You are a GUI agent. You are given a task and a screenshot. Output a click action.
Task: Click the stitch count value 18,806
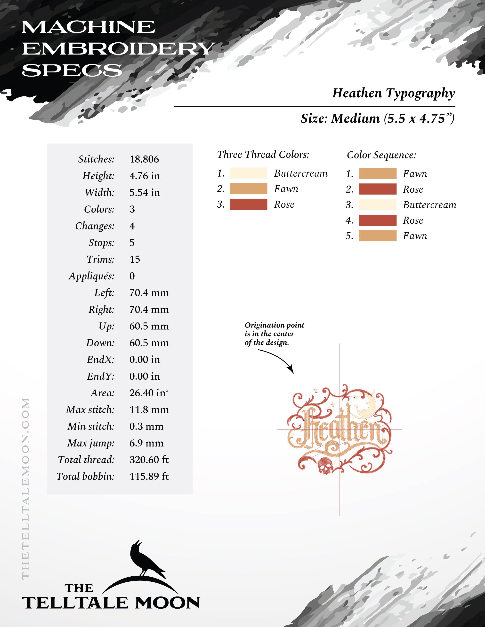[x=144, y=159]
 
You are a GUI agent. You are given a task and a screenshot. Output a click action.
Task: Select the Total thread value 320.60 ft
[x=149, y=460]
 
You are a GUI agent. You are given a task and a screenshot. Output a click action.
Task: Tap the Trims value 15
[x=135, y=259]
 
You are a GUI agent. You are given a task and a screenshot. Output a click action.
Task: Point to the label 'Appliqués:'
[x=92, y=276]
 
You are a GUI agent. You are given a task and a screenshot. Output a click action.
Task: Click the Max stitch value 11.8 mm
[x=149, y=409]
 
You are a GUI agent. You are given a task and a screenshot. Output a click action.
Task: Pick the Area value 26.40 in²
[x=148, y=393]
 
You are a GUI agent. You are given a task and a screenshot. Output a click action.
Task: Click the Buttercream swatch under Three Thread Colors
[x=248, y=173]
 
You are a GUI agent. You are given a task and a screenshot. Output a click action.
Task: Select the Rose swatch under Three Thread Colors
[x=248, y=204]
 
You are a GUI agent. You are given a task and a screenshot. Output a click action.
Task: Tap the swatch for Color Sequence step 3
[x=378, y=205]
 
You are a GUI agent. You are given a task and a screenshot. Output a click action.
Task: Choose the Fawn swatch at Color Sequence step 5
[x=378, y=236]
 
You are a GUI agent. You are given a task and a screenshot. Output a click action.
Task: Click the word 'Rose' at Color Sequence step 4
[x=413, y=220]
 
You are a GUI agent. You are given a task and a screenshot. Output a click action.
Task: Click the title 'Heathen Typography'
[x=393, y=93]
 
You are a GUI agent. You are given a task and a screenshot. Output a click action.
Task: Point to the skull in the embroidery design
[x=325, y=466]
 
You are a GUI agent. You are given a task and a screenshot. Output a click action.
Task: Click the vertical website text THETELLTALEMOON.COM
[x=25, y=488]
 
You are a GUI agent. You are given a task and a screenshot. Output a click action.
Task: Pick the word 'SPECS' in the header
[x=72, y=70]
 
